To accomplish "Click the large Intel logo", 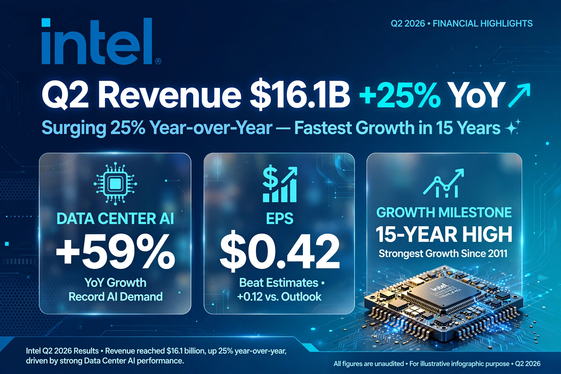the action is click(97, 41).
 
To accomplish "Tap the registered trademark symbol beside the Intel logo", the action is click(158, 61).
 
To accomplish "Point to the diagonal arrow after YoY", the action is click(519, 95).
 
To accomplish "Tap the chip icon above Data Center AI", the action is click(115, 183).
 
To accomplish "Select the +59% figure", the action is click(115, 252).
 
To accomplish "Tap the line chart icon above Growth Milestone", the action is click(444, 183).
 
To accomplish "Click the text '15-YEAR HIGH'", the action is click(444, 234).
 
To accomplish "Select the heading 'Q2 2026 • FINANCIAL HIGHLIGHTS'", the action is click(462, 23).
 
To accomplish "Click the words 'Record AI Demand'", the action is click(115, 297).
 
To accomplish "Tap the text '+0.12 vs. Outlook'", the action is click(279, 297).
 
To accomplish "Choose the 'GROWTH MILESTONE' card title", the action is click(444, 212).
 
